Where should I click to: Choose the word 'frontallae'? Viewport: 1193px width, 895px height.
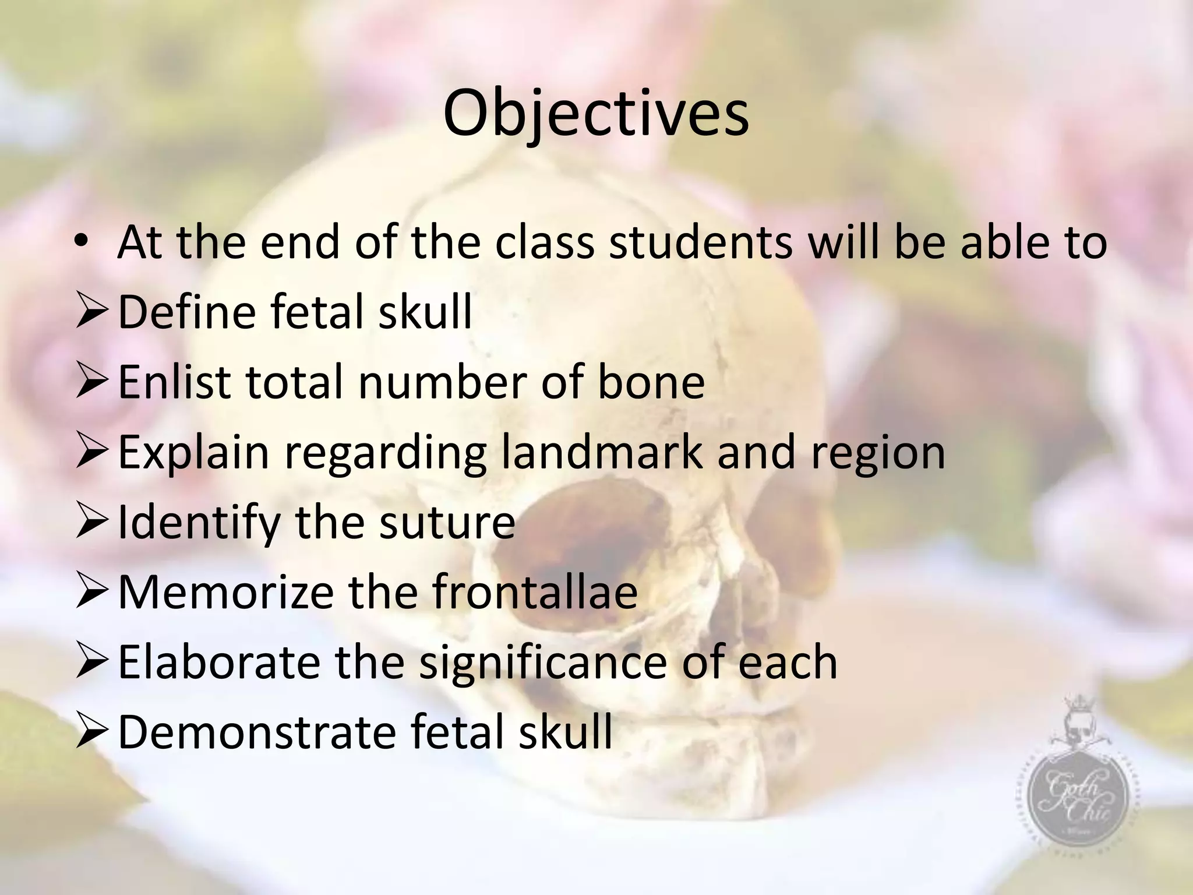[x=535, y=592]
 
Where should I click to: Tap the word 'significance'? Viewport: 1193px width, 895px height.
[x=543, y=663]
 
